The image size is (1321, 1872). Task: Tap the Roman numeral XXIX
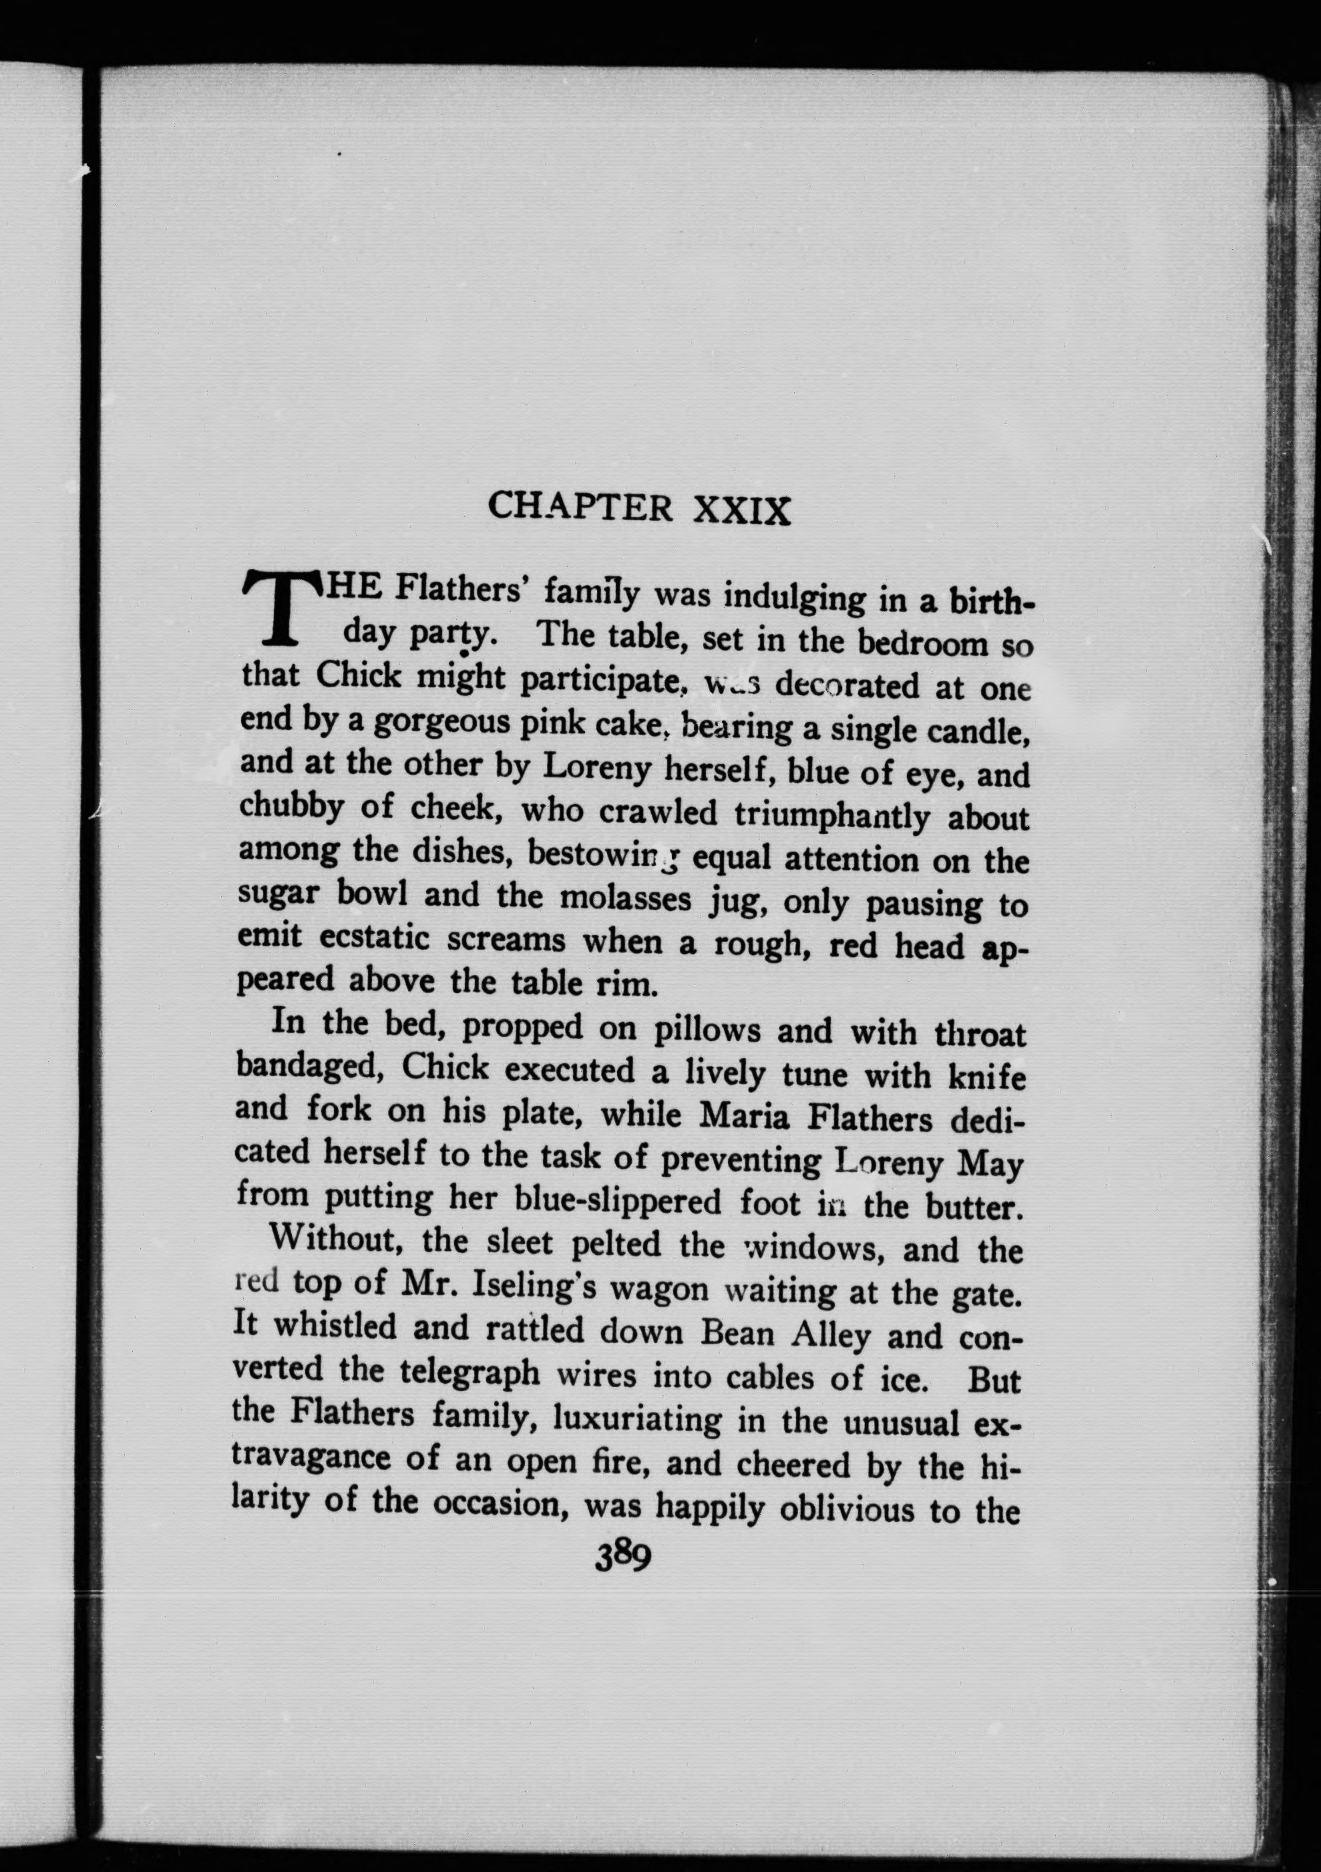741,510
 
